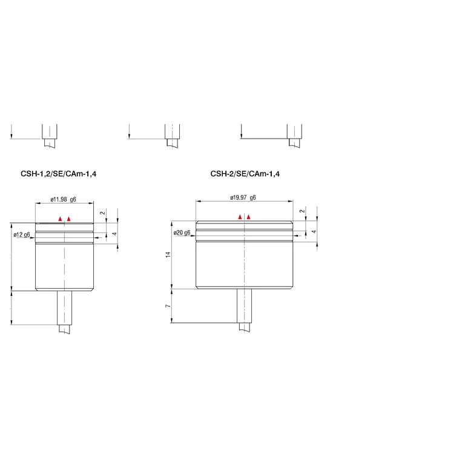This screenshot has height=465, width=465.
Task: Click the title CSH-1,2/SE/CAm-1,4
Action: coord(58,174)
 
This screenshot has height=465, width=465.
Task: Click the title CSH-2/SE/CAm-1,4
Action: coord(245,174)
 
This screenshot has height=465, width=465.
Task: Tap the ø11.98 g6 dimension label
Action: coord(63,199)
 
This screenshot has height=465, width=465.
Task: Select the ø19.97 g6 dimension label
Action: coord(243,197)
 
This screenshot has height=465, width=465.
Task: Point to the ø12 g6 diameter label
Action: coord(22,235)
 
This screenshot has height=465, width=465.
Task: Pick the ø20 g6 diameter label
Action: coord(182,232)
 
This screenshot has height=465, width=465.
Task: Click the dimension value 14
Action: coord(168,254)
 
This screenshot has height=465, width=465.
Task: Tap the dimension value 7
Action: coord(168,306)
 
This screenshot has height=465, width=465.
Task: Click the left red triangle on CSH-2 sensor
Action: coord(240,217)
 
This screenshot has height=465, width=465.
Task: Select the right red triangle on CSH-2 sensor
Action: coord(248,217)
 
